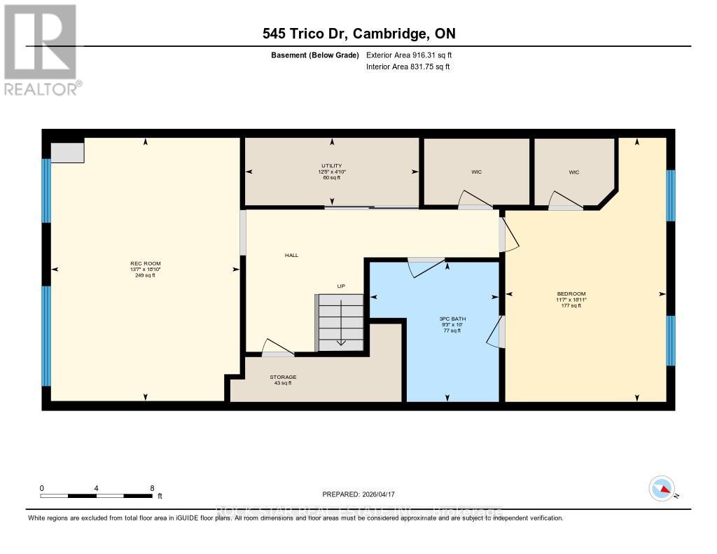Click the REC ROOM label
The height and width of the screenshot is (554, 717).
(145, 263)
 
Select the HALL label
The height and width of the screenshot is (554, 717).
(291, 255)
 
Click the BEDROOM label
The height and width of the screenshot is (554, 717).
(571, 293)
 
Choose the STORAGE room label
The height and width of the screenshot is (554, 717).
(283, 377)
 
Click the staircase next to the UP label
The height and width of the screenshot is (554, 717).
(341, 323)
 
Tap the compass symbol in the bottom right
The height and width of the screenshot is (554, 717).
(662, 488)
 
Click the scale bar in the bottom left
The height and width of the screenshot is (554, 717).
(97, 496)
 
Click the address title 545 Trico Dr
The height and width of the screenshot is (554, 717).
(358, 34)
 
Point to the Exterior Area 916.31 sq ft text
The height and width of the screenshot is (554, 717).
(414, 55)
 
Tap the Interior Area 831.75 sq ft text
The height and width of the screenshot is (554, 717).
(408, 67)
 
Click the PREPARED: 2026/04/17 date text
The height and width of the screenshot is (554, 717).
(363, 494)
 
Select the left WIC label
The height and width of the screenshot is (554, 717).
(476, 172)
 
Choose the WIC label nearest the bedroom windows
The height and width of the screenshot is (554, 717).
(574, 172)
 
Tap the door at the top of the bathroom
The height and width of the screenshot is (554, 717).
(426, 266)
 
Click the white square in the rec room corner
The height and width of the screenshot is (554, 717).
(67, 151)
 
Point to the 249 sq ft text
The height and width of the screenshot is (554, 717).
(145, 275)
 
